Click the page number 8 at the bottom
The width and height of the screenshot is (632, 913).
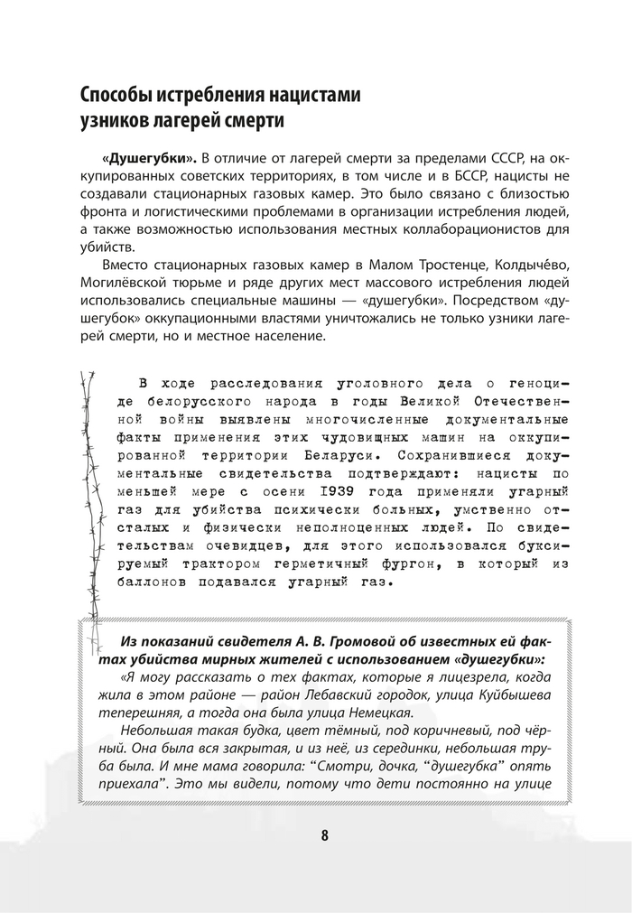(x=323, y=834)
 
